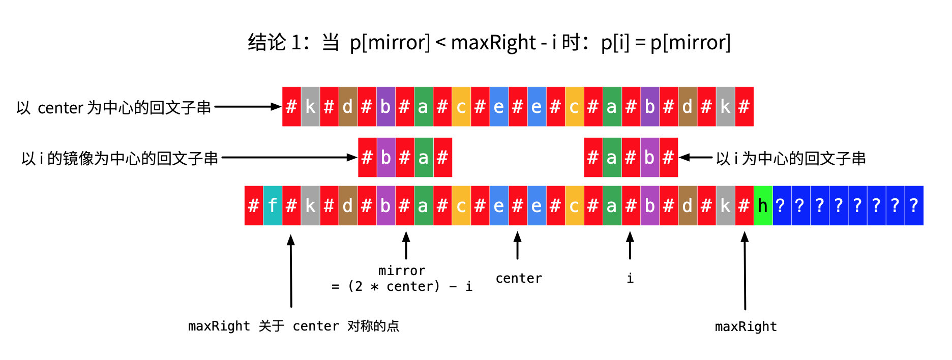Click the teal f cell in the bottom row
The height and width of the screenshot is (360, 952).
coord(273,205)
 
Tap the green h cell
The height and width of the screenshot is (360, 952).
coord(763,205)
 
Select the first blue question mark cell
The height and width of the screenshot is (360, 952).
coord(782,205)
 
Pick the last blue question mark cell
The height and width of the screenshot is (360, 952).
coord(914,205)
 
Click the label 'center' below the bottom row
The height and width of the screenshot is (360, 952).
coord(519,278)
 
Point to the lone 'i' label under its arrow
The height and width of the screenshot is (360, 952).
coord(630,278)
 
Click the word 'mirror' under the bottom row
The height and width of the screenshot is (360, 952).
coord(402,271)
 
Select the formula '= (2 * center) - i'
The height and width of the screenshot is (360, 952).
coord(402,286)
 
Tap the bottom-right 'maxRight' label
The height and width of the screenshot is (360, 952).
coord(746,326)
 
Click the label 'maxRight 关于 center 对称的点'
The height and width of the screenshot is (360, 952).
coord(293,326)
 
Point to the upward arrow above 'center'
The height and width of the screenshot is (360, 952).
coord(517,245)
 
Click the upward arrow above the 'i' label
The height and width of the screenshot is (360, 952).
coord(630,245)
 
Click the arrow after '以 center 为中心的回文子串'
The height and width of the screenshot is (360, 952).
coord(248,107)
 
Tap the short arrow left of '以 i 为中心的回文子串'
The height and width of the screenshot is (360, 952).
coord(696,158)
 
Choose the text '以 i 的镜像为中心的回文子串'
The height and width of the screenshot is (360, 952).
coord(120,158)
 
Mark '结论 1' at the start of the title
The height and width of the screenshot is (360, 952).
coord(274,43)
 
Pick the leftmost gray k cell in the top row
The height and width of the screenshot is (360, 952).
coord(310,107)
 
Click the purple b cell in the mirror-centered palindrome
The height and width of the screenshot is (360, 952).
coord(386,158)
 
